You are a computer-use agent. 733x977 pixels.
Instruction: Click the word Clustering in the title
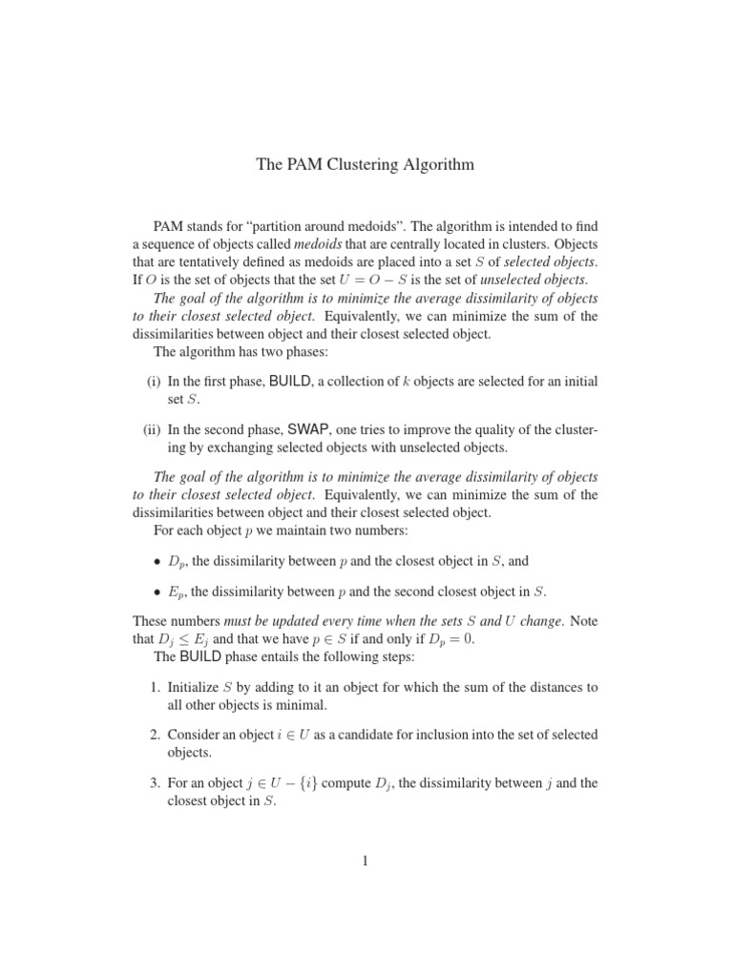tap(364, 165)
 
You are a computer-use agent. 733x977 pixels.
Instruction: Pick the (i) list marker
tap(154, 382)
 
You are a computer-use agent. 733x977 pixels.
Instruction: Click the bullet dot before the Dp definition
tap(157, 562)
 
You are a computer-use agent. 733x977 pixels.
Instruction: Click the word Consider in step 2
tap(196, 735)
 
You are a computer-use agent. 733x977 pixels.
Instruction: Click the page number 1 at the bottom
tap(366, 862)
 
